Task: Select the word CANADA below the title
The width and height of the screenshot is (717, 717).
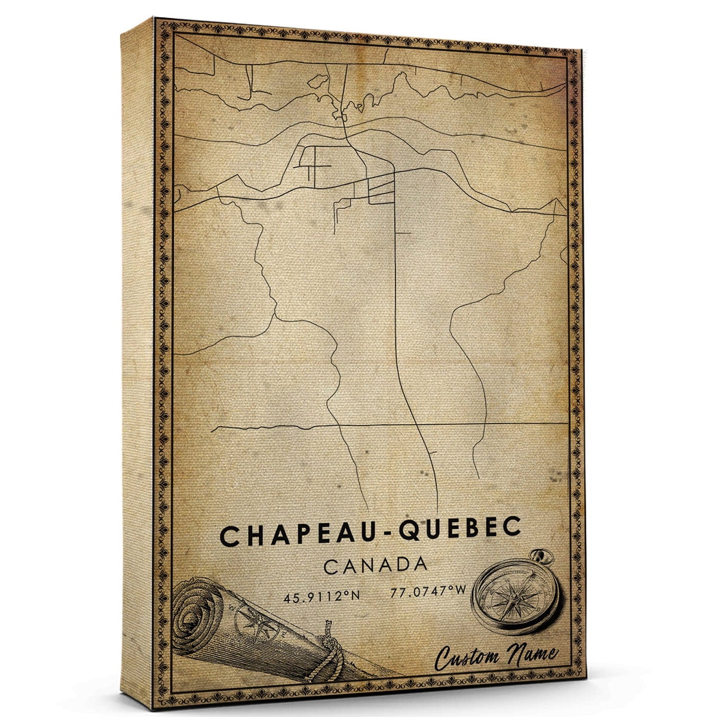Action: point(375,565)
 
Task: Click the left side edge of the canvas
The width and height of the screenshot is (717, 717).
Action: point(137,358)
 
